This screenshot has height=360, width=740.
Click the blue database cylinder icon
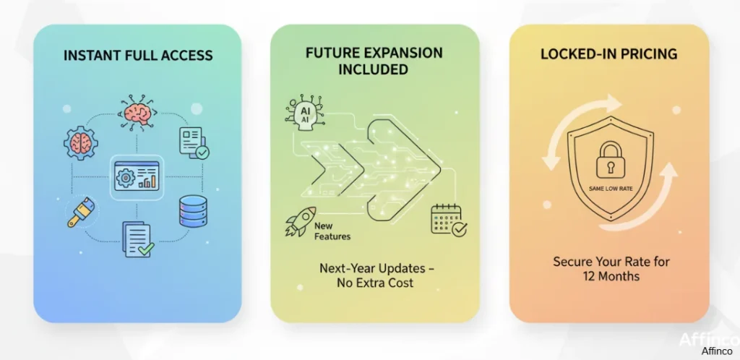tap(192, 211)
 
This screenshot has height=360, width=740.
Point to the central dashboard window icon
tap(137, 176)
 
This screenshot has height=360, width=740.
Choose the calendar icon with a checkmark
tap(448, 220)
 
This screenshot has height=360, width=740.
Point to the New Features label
tap(332, 231)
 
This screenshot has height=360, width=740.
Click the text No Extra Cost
tap(375, 283)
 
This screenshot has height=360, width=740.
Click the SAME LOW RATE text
tap(611, 189)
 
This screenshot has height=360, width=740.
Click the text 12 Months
tap(611, 276)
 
